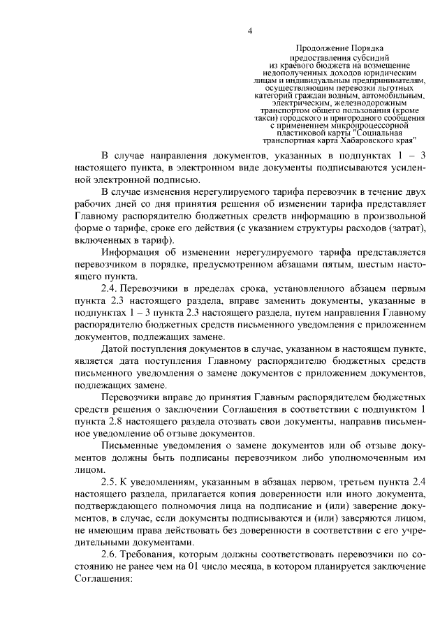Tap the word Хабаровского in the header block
tap(362, 138)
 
